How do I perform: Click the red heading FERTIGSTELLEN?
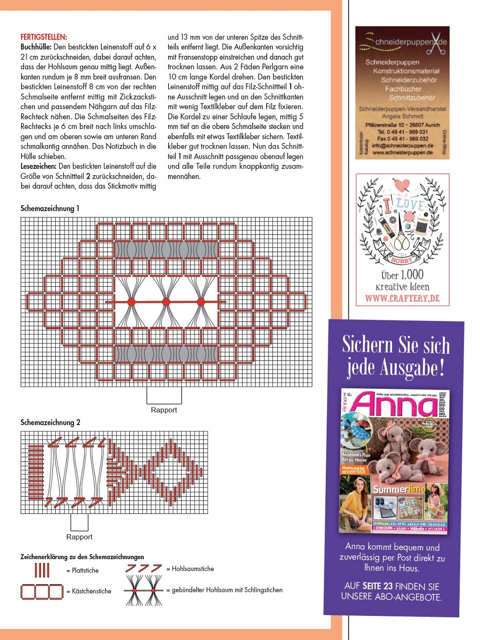click(44, 37)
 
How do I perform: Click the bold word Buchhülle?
click(36, 47)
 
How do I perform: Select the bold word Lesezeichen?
click(38, 166)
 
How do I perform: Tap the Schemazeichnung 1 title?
click(50, 208)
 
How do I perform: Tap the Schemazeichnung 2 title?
click(50, 422)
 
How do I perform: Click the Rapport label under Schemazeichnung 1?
click(164, 410)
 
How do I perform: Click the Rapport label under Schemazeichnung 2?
click(79, 537)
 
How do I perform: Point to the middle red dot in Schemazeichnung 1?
click(166, 302)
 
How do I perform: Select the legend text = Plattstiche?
click(83, 571)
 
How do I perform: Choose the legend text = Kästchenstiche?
click(89, 591)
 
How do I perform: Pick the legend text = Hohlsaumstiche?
click(190, 569)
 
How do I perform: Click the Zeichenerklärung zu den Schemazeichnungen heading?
click(82, 557)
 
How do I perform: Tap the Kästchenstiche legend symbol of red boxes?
click(42, 591)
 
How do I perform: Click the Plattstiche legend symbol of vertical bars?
click(42, 570)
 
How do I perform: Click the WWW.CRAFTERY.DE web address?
click(402, 298)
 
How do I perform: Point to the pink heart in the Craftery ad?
click(402, 185)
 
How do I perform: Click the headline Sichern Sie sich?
click(396, 346)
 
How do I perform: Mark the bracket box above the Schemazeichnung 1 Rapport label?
click(164, 396)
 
